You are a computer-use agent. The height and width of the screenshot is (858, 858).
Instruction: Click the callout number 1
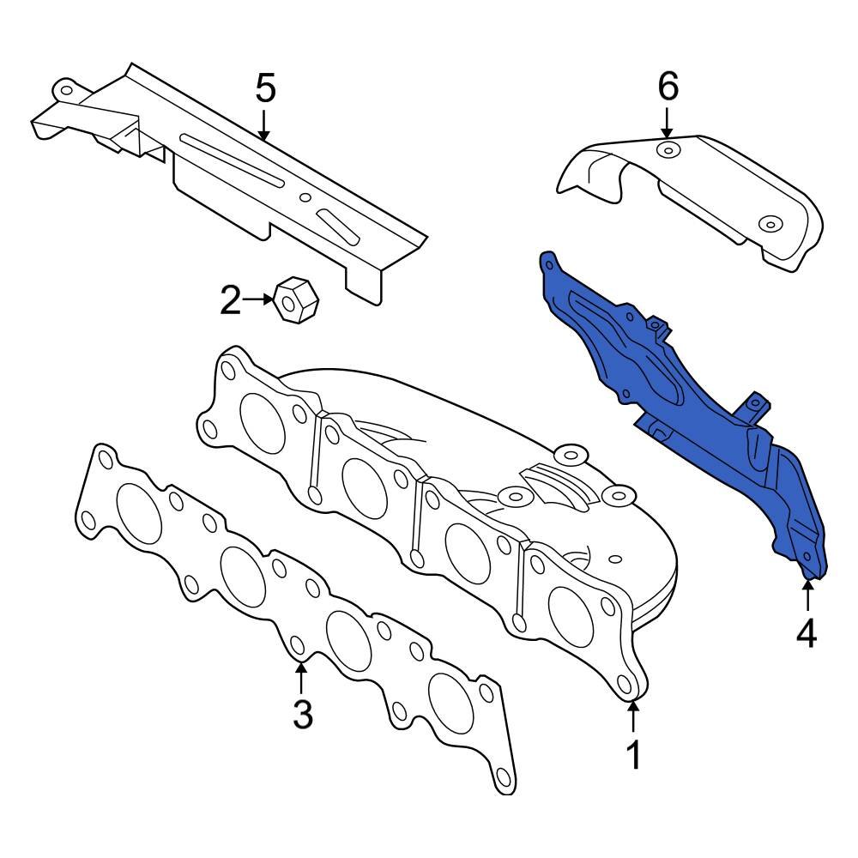point(633,756)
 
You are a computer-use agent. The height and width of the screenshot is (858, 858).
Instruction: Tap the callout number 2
point(231,300)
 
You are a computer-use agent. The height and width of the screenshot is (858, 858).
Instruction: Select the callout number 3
point(302,713)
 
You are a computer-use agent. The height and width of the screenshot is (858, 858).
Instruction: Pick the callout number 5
point(265,88)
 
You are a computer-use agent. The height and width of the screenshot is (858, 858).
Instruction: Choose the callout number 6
point(668,86)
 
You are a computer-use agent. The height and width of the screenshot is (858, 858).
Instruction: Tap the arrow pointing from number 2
point(257,299)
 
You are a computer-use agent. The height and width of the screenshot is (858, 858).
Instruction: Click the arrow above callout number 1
point(633,716)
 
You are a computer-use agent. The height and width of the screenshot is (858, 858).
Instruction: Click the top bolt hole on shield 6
point(666,152)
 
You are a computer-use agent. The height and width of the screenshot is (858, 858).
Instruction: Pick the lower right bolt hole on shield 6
point(770,225)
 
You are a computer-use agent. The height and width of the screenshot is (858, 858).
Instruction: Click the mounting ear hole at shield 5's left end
point(63,88)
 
